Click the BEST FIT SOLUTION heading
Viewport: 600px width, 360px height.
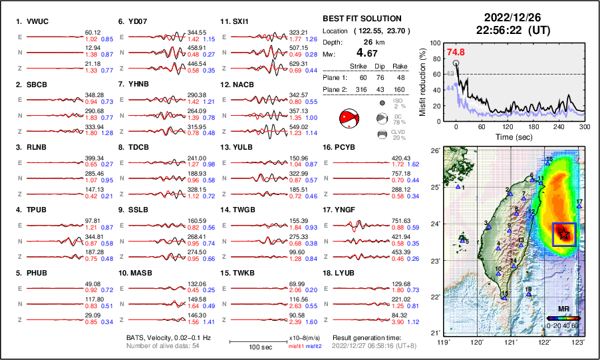[361, 19]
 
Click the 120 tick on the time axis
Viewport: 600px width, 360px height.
[508, 126]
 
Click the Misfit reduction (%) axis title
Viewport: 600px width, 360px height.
[424, 81]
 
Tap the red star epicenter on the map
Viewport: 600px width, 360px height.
[564, 233]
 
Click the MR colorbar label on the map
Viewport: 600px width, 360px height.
[563, 309]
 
